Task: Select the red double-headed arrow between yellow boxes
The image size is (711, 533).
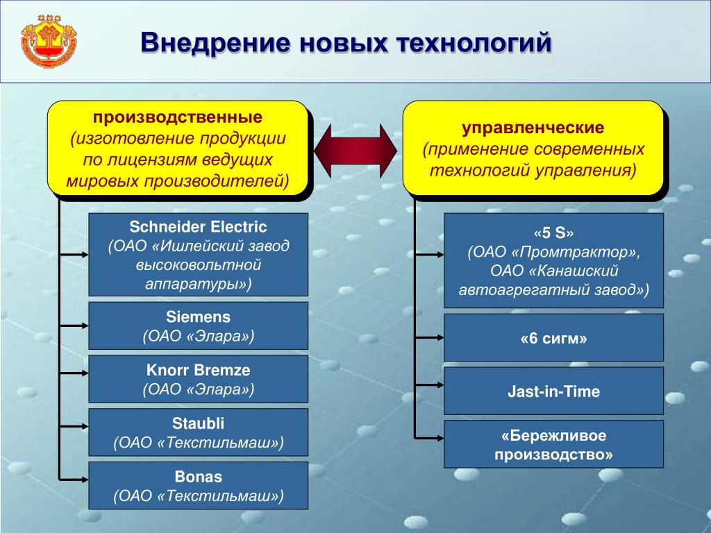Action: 355,149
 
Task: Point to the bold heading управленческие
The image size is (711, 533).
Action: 533,128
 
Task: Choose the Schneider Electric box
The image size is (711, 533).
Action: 198,255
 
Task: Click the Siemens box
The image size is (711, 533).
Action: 198,325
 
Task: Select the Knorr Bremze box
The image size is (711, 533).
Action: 198,379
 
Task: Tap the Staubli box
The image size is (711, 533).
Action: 198,432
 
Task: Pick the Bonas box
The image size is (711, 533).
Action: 198,485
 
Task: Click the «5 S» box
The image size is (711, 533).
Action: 553,260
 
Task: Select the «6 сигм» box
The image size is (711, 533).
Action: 553,338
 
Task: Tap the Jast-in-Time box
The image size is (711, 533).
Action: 553,391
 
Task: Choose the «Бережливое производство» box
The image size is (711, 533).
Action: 553,444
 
